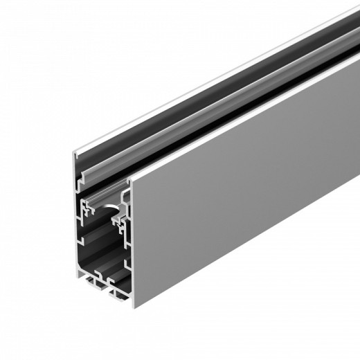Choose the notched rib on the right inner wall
[125, 242]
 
